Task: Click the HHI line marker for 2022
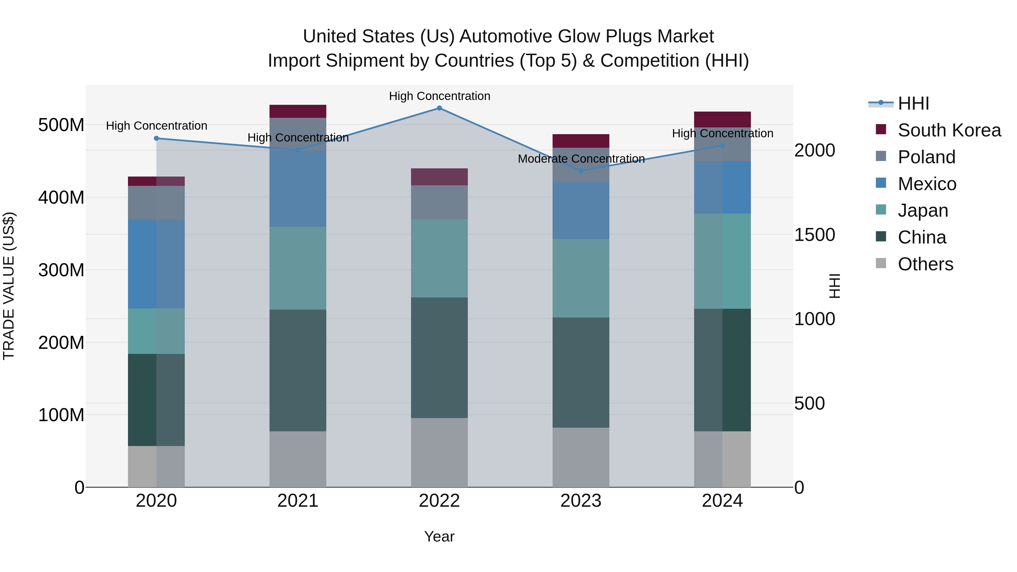439,108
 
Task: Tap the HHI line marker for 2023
581,171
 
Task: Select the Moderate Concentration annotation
581,159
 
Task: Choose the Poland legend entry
926,157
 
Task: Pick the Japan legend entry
923,210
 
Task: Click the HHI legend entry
913,103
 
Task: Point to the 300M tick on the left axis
61,270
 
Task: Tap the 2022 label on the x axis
439,501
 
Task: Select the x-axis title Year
439,536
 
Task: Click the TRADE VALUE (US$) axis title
9,286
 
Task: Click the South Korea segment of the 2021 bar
298,111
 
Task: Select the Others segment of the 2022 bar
439,453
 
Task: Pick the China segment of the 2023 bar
581,372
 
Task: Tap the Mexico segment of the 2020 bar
156,264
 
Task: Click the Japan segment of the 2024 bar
722,261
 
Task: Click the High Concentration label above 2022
439,96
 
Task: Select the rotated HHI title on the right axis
834,286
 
